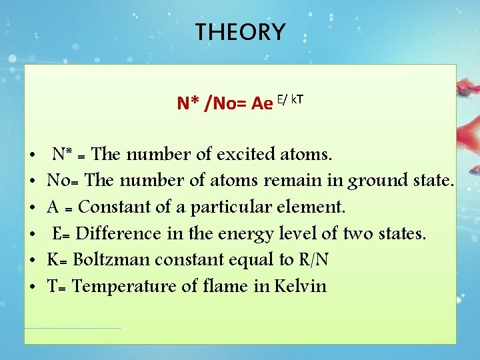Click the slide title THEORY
pyautogui.click(x=240, y=31)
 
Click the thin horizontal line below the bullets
pyautogui.click(x=73, y=328)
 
